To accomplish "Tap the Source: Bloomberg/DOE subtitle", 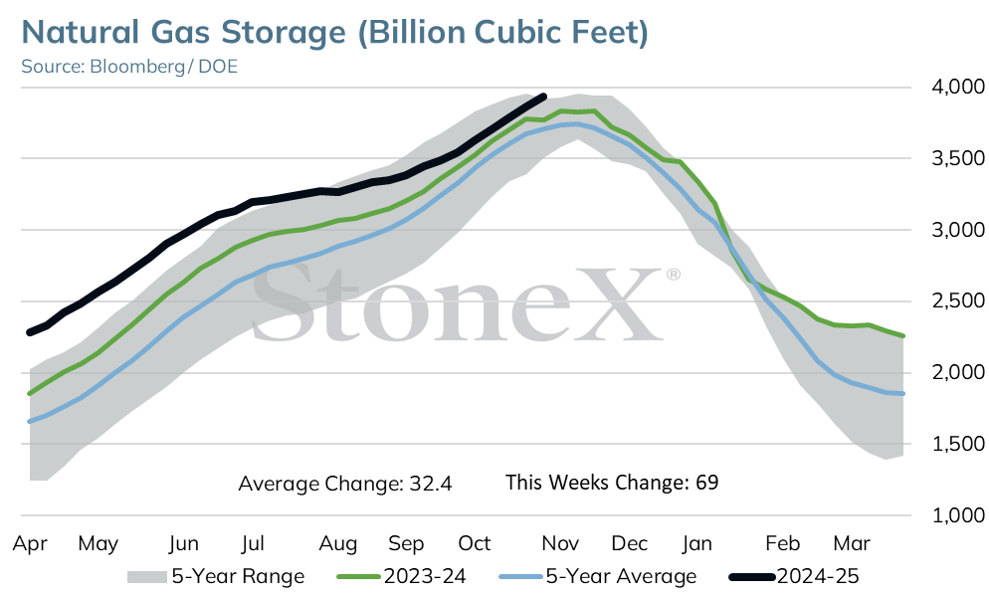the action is (x=129, y=67).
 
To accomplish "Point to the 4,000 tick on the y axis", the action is (x=957, y=87).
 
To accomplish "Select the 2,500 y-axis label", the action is (x=957, y=301).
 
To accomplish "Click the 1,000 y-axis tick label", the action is (x=957, y=515).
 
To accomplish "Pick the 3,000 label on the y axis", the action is (x=957, y=230).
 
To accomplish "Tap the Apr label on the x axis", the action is (x=30, y=543).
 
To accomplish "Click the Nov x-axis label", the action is (x=560, y=543).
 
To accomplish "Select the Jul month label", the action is (x=253, y=543).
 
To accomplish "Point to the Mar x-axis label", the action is (x=852, y=543).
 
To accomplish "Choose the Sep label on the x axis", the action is (x=406, y=543).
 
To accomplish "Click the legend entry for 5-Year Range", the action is (x=216, y=576).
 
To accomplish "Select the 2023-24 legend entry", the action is (x=402, y=576).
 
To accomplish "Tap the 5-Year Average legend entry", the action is (x=598, y=576).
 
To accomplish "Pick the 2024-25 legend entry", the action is (x=794, y=576).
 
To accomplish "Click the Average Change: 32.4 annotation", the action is (x=345, y=484).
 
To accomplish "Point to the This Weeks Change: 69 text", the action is (x=612, y=483).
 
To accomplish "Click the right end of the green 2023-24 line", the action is (x=903, y=335).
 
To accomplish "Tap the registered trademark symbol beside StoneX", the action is (x=673, y=275).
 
